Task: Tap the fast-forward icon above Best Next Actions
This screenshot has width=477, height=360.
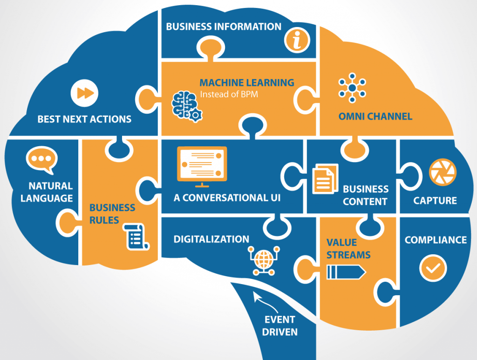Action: (85, 93)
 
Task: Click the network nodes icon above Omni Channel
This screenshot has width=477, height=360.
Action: (352, 87)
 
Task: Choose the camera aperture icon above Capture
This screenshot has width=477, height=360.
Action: (443, 173)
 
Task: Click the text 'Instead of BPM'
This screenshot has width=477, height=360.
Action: (229, 95)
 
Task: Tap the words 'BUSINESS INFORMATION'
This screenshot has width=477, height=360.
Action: (224, 27)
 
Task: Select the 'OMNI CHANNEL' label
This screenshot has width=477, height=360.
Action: (375, 116)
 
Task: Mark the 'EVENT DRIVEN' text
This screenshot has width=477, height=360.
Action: (279, 326)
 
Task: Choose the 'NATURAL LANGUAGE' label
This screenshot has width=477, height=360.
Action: (47, 192)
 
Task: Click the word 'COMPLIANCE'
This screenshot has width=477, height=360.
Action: (436, 240)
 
